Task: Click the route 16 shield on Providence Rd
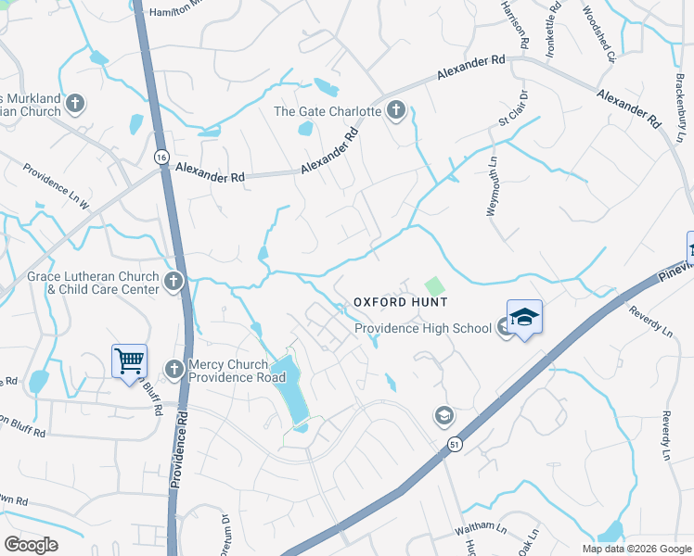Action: click(161, 157)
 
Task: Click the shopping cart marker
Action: click(129, 360)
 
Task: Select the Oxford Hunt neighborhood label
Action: click(400, 302)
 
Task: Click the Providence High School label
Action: click(423, 328)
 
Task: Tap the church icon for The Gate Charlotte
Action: click(396, 111)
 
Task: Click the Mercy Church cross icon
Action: click(173, 370)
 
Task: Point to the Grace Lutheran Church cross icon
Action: click(173, 281)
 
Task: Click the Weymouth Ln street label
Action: click(492, 186)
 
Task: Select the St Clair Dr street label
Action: click(512, 108)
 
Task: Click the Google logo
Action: click(32, 545)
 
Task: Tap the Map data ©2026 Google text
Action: click(636, 549)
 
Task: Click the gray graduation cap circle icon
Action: click(443, 416)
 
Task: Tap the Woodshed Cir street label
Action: click(598, 33)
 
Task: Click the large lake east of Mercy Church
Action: click(294, 389)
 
